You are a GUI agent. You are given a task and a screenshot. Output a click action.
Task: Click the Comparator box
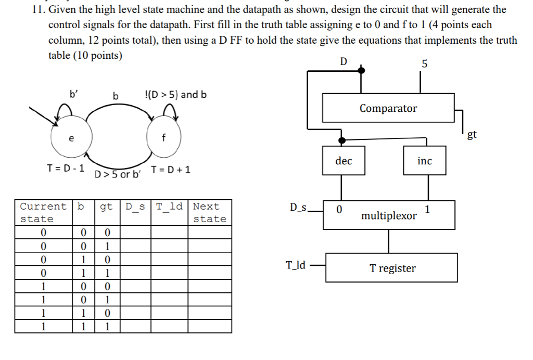pos(388,108)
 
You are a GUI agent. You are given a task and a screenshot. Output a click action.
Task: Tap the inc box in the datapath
pos(424,161)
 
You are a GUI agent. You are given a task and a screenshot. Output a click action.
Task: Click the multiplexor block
pos(389,215)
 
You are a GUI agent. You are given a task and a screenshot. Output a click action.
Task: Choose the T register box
pos(391,268)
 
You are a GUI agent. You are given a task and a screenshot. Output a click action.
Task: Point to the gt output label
pos(472,135)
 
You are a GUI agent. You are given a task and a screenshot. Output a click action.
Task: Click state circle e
pos(72,138)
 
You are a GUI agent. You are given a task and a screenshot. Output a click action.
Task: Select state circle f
pos(163,138)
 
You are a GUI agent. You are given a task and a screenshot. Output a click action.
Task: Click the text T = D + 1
pos(171,170)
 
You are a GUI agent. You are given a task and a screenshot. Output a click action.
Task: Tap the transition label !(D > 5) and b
pos(175,95)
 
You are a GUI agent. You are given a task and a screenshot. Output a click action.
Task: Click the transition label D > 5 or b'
pos(118,174)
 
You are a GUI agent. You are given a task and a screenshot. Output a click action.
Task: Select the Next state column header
pos(209,212)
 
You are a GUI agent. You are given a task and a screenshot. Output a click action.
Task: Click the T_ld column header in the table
pos(170,207)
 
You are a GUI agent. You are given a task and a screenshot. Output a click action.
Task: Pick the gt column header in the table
pos(106,207)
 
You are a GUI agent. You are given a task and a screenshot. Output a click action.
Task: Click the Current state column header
pos(43,212)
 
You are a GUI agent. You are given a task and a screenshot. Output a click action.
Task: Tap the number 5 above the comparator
pos(424,64)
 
